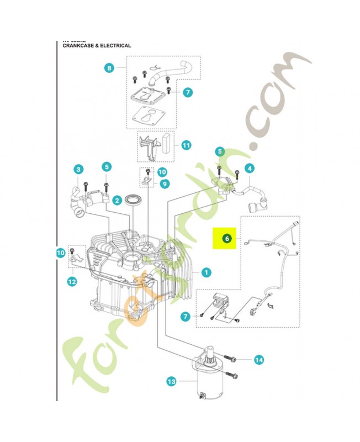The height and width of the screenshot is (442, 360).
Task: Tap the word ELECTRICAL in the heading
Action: pyautogui.click(x=115, y=46)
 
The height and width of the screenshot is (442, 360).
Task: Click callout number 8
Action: pyautogui.click(x=109, y=68)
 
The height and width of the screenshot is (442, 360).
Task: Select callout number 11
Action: pyautogui.click(x=186, y=145)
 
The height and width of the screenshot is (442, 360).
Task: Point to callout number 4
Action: pyautogui.click(x=250, y=168)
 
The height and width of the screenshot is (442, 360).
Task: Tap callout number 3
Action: pyautogui.click(x=78, y=169)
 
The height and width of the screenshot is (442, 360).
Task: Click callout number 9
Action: pyautogui.click(x=164, y=183)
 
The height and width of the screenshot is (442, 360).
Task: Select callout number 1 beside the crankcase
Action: pyautogui.click(x=205, y=272)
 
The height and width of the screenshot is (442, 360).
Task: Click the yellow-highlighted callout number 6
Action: pyautogui.click(x=226, y=239)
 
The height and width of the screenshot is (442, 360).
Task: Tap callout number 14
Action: pyautogui.click(x=259, y=360)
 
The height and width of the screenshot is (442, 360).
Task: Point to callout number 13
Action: pyautogui.click(x=171, y=381)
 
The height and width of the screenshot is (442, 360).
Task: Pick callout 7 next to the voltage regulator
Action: pyautogui.click(x=186, y=316)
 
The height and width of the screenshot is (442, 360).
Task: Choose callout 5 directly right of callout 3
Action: pyautogui.click(x=107, y=166)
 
